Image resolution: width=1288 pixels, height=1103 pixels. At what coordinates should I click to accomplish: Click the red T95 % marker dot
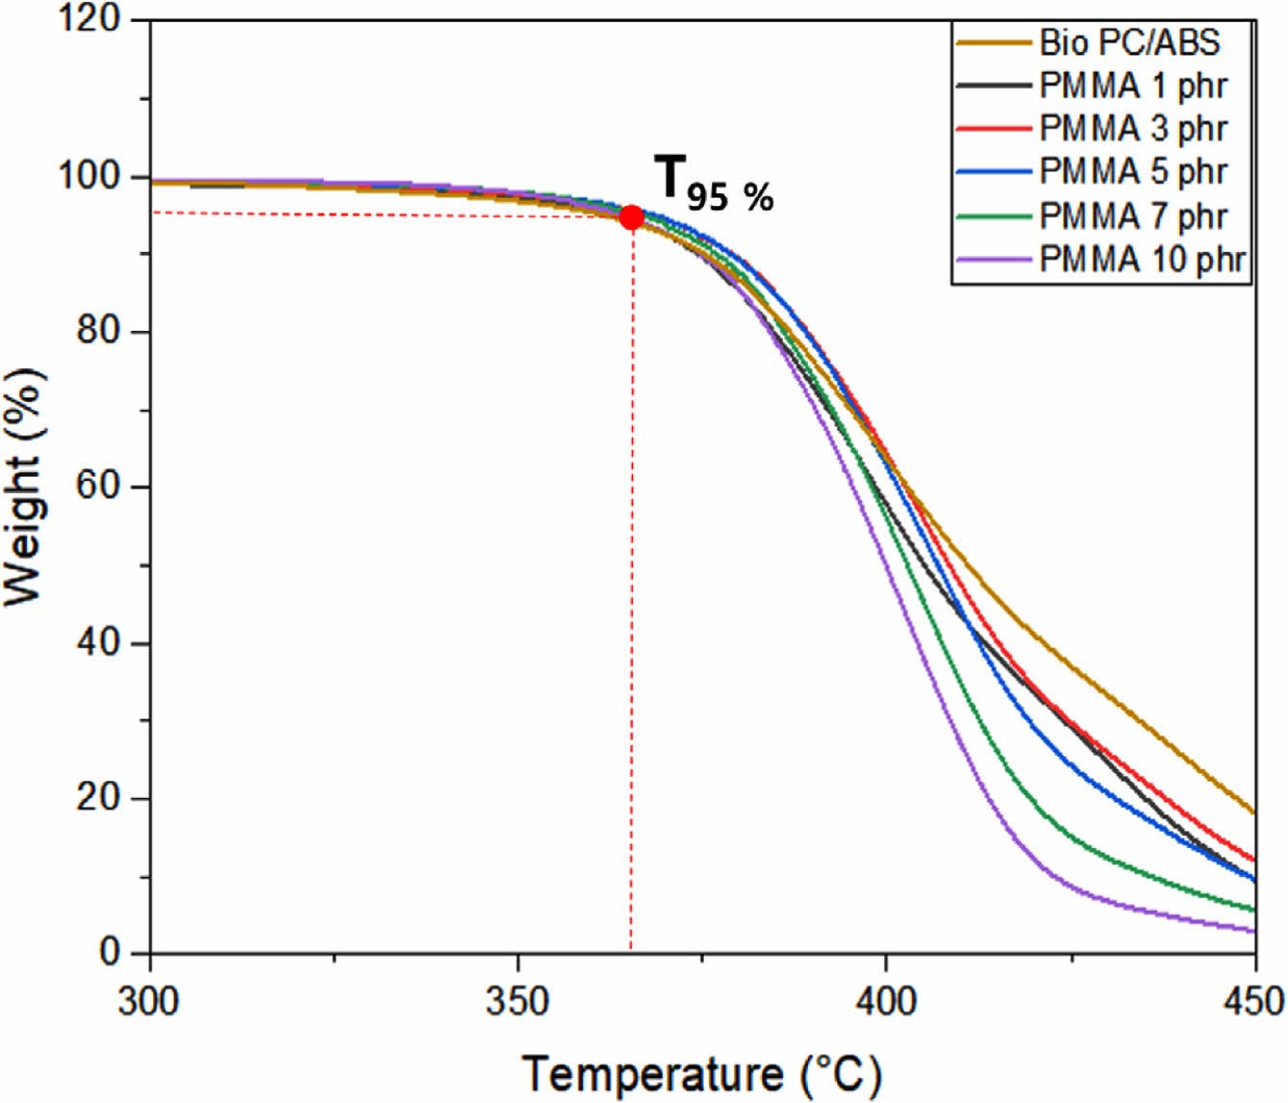click(631, 217)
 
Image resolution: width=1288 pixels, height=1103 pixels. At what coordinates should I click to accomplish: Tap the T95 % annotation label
click(714, 183)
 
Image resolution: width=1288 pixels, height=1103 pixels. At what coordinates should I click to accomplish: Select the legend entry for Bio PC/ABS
click(1129, 42)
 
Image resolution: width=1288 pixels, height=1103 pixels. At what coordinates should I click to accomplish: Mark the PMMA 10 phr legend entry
click(1142, 259)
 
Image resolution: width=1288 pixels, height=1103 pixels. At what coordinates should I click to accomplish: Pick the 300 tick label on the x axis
click(149, 1002)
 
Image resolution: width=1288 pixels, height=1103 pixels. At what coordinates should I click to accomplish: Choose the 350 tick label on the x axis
click(518, 1002)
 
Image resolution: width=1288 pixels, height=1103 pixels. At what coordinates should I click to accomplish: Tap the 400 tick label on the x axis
click(886, 1002)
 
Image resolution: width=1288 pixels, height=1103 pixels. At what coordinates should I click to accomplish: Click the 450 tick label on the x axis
click(1252, 1002)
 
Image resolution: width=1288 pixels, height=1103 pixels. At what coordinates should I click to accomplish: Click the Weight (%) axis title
click(25, 486)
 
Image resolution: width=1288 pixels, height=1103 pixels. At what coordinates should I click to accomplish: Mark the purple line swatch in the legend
click(994, 260)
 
